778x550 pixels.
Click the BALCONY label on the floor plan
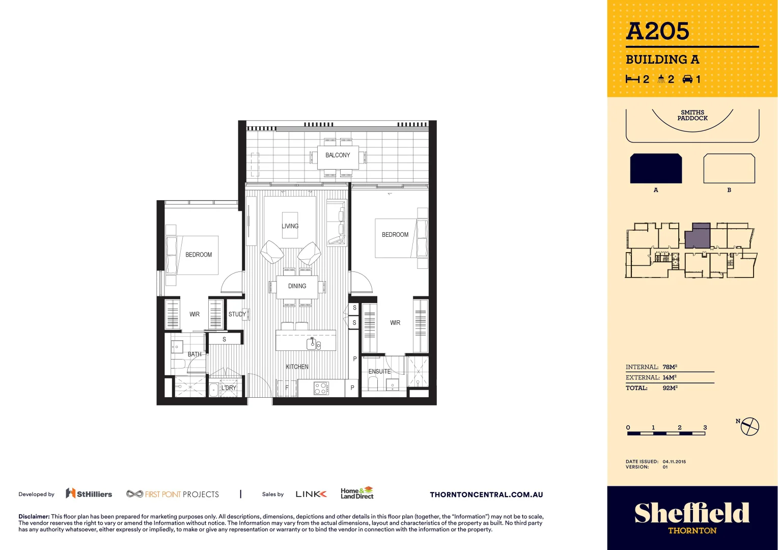[x=338, y=155]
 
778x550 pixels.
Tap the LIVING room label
[x=290, y=226]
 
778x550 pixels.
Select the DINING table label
[x=297, y=286]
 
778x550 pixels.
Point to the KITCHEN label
[x=297, y=367]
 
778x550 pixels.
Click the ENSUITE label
[x=380, y=372]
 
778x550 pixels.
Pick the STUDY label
[x=237, y=314]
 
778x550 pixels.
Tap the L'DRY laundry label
[x=229, y=388]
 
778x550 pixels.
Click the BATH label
[x=194, y=354]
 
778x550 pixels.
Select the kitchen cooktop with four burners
[x=321, y=389]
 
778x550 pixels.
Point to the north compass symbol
[x=749, y=426]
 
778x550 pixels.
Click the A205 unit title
[x=657, y=32]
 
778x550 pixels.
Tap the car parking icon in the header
[x=688, y=79]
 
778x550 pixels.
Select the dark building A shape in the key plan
[x=656, y=169]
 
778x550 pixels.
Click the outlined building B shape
[x=729, y=169]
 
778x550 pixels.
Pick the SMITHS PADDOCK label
[x=692, y=115]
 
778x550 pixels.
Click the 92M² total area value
[x=670, y=388]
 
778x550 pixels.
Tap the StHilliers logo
[x=89, y=494]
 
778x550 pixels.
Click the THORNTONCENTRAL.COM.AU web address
[x=486, y=494]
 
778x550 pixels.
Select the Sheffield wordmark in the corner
[x=692, y=513]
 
